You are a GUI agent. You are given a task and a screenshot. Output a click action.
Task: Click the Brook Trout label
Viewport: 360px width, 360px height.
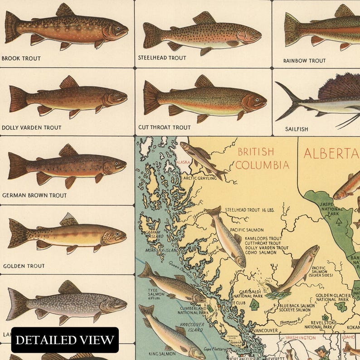(x=21, y=58)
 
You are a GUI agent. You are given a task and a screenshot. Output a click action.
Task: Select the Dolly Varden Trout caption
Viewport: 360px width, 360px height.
(x=32, y=127)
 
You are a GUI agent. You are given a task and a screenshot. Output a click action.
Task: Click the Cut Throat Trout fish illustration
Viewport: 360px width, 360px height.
(x=204, y=98)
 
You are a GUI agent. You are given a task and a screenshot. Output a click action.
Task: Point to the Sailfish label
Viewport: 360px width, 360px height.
(x=297, y=129)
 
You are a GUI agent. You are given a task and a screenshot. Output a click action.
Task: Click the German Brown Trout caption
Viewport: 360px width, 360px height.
(x=34, y=195)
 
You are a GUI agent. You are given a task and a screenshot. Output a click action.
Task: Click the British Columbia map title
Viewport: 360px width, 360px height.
(x=263, y=158)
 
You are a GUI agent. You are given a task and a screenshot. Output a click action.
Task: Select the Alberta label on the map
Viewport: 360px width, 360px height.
(x=331, y=153)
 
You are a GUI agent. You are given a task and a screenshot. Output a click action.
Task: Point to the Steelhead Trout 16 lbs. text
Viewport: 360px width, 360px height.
(x=248, y=210)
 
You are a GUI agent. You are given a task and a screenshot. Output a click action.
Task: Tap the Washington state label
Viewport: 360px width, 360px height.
(x=300, y=338)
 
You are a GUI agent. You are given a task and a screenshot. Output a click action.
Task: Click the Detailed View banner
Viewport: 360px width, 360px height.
(x=65, y=340)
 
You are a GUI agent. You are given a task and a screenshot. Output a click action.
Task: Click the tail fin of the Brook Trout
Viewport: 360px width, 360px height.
(x=12, y=27)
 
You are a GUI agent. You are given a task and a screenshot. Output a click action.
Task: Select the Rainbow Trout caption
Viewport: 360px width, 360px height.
(x=304, y=61)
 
